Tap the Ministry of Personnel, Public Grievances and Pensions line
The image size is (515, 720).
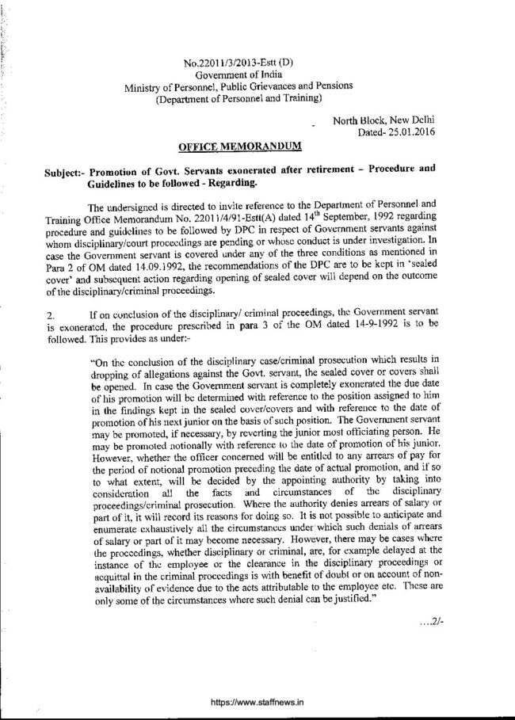click(x=238, y=86)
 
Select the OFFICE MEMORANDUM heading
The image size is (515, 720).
click(x=240, y=147)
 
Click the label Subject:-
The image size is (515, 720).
click(x=66, y=171)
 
